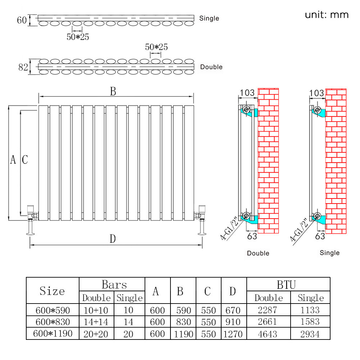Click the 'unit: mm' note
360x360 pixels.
click(327, 15)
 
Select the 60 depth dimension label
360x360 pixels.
click(22, 20)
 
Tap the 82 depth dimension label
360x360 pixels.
click(23, 67)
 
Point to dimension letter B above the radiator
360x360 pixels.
click(113, 92)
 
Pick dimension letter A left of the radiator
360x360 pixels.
click(13, 160)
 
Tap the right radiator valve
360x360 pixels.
click(200, 214)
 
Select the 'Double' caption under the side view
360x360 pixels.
click(258, 254)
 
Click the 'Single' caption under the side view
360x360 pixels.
click(329, 253)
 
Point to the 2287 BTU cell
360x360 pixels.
click(268, 310)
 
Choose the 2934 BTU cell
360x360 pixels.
click(311, 334)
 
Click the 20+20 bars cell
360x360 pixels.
click(96, 334)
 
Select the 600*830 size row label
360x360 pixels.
click(53, 322)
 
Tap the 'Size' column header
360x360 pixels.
click(53, 291)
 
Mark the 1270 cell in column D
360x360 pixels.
click(233, 334)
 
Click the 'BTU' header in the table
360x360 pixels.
click(286, 285)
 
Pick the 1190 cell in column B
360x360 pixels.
click(183, 334)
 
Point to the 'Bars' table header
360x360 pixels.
click(114, 285)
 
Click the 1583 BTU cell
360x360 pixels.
click(311, 322)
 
